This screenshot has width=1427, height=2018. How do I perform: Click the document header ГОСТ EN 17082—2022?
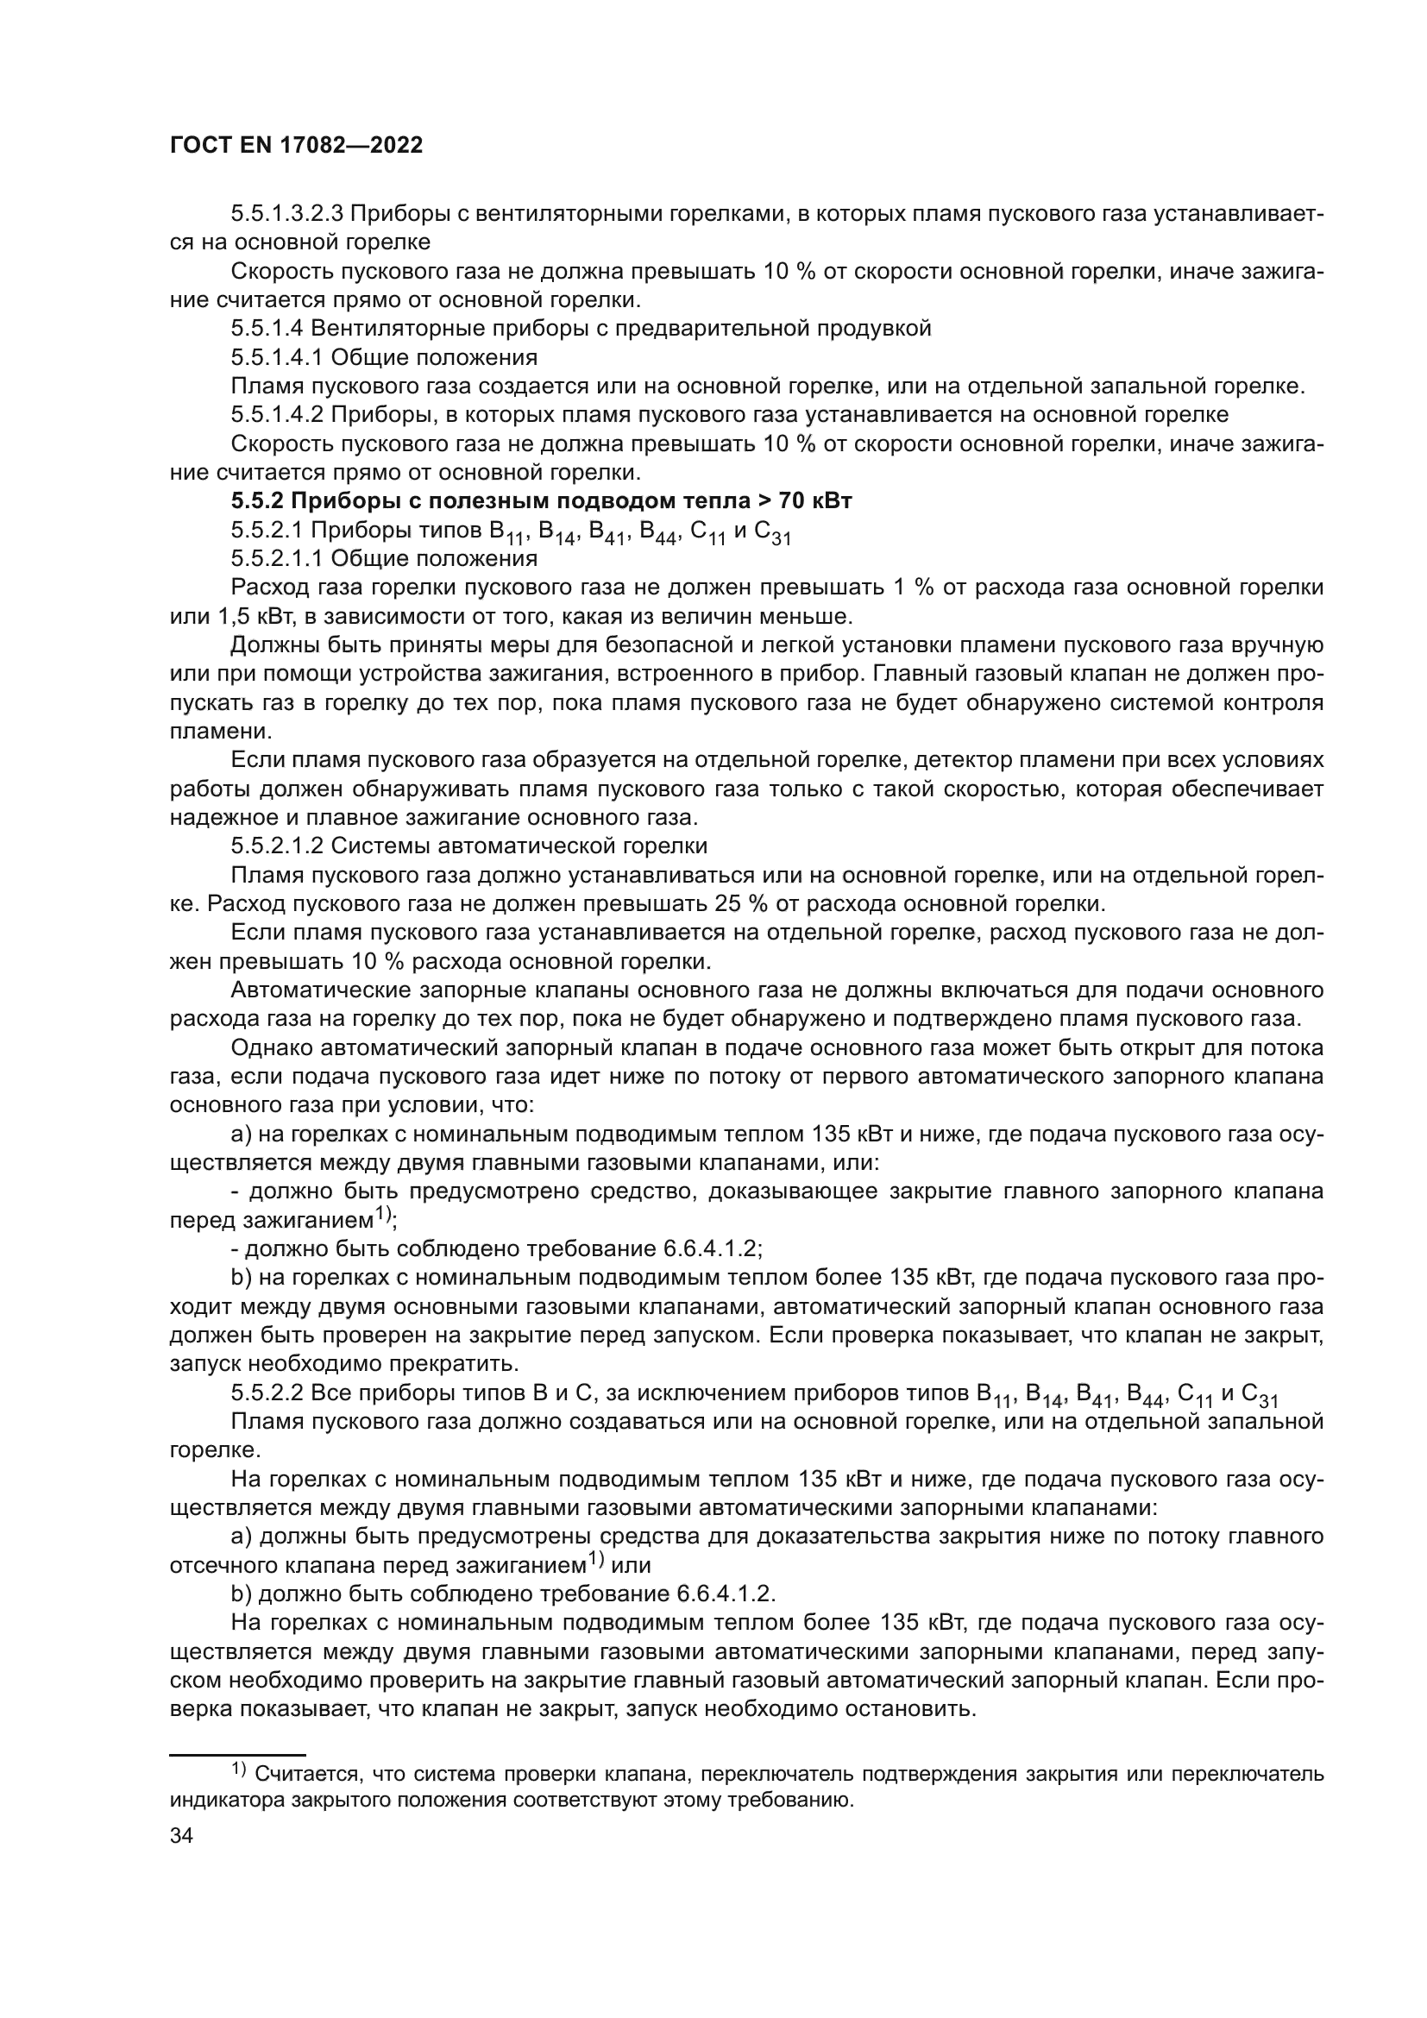tap(296, 146)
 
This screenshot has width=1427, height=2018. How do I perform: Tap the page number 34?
tap(182, 1836)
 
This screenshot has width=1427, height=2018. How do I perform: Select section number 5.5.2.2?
tap(267, 1394)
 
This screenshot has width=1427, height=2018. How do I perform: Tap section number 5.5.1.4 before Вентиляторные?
tap(267, 329)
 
